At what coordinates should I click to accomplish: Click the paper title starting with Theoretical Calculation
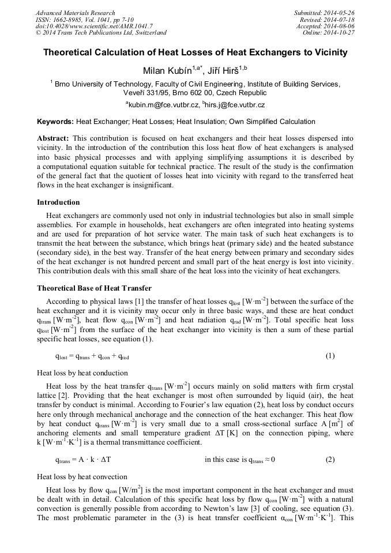[x=195, y=52]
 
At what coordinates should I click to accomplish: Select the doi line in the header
[x=86, y=26]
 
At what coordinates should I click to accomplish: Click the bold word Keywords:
[x=55, y=122]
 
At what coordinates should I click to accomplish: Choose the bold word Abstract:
[x=53, y=139]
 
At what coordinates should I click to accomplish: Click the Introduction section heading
[x=58, y=202]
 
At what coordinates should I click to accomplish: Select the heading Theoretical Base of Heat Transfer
[x=94, y=287]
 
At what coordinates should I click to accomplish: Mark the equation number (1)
[x=330, y=356]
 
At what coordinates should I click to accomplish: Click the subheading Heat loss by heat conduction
[x=82, y=373]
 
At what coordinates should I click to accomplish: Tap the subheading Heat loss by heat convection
[x=82, y=477]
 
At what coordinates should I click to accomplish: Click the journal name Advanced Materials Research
[x=76, y=13]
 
